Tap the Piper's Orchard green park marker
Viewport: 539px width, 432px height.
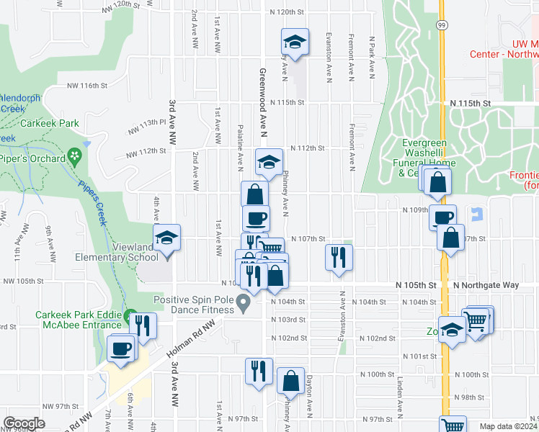[x=74, y=156]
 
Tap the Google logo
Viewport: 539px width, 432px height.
[x=24, y=423]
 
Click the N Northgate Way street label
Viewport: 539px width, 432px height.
[x=486, y=285]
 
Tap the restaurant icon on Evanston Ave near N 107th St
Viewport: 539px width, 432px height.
[x=339, y=256]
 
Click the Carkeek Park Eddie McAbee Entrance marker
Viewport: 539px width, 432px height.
[x=131, y=317]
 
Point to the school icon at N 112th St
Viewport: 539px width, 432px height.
[x=269, y=162]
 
